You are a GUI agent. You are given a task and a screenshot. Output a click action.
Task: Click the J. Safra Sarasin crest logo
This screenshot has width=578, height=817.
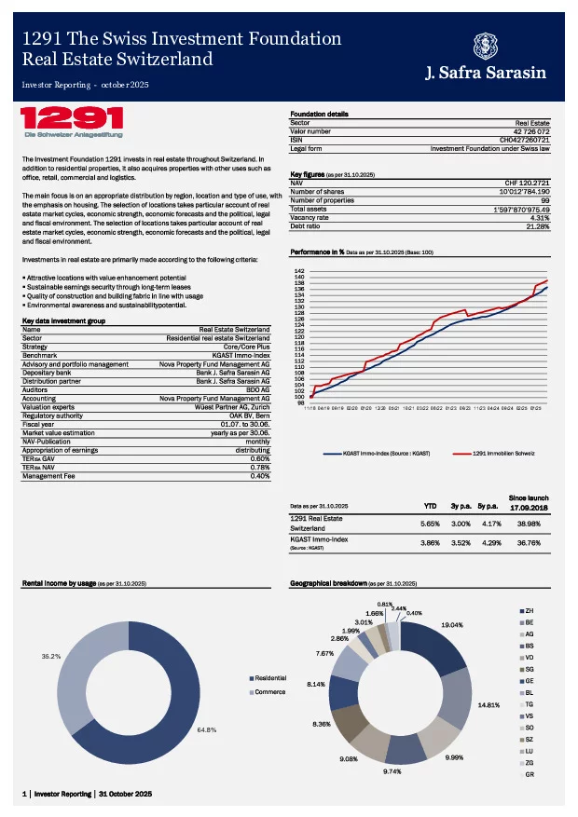click(x=485, y=47)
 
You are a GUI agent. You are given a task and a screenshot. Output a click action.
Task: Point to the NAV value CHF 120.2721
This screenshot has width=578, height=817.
click(x=527, y=183)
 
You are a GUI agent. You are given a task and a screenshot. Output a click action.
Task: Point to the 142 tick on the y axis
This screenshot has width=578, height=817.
click(x=299, y=270)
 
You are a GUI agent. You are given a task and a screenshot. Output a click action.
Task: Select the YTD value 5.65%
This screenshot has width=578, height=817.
click(x=430, y=524)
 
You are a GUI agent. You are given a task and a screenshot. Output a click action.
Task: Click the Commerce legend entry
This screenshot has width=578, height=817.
click(x=269, y=692)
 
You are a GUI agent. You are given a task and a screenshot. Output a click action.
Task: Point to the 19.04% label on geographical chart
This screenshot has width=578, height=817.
click(x=452, y=624)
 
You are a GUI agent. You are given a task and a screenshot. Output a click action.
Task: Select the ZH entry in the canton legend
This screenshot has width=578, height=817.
click(x=530, y=610)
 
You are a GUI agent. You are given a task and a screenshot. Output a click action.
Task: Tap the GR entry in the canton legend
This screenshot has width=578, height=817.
click(x=530, y=774)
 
